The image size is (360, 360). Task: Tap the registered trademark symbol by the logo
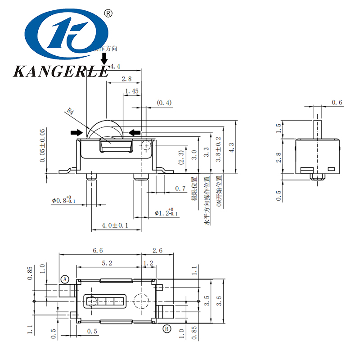tap(108, 13)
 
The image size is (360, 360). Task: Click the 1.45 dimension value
tap(132, 91)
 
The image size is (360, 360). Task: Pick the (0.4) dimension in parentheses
tap(164, 103)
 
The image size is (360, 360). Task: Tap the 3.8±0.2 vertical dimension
tap(219, 149)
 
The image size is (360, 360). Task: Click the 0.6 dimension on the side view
tap(337, 103)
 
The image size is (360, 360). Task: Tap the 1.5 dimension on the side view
tap(279, 128)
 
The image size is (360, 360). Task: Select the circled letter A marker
tap(65, 279)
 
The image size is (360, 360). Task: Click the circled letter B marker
tap(166, 328)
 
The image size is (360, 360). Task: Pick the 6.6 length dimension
tap(98, 250)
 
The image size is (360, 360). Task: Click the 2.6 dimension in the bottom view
tap(157, 250)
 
